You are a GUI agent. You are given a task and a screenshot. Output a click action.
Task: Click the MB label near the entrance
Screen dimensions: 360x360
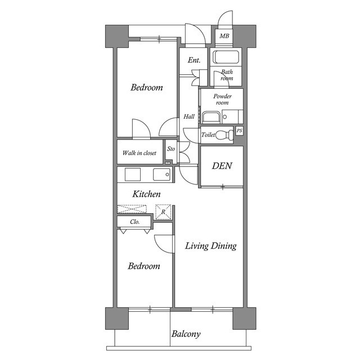tap(224, 37)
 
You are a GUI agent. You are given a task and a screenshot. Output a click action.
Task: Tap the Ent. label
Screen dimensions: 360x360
tap(195, 60)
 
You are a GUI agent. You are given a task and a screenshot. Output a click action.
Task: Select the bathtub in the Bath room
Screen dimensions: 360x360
tap(226, 57)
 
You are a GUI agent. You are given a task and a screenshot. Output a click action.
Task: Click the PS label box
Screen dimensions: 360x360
tap(240, 131)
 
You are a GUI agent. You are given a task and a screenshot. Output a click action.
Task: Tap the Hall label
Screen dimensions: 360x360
tap(189, 117)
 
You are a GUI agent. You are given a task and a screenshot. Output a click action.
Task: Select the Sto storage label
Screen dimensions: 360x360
tap(171, 149)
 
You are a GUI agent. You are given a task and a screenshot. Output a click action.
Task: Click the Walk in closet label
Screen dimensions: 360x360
tap(139, 152)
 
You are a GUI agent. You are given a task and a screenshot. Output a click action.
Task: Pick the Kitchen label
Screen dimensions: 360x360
tap(147, 194)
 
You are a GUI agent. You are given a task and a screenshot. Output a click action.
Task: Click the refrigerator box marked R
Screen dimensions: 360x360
tap(163, 211)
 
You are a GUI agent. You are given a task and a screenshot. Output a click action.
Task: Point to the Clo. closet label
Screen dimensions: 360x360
tap(135, 222)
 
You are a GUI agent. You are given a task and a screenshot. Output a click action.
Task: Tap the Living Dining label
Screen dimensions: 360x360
tap(211, 246)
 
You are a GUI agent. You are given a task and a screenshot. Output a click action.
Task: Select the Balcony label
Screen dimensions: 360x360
tap(186, 334)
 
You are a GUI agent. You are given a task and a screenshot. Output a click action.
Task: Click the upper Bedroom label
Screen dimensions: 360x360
tap(147, 88)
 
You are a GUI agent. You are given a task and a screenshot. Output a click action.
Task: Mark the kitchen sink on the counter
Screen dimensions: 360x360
tap(162, 174)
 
